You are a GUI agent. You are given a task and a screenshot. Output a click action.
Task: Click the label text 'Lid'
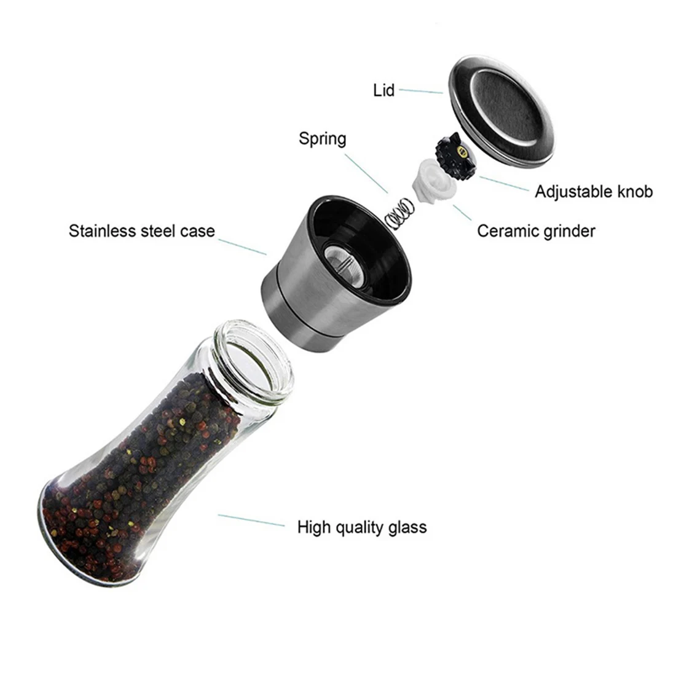383,90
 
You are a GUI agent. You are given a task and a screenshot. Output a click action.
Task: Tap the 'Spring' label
322,138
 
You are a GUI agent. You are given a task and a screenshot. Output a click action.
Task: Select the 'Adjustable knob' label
593,192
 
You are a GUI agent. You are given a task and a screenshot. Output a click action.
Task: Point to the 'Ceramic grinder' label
536,231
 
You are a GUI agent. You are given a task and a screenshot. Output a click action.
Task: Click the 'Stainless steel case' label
141,231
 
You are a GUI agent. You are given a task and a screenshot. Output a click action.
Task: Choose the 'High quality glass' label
361,527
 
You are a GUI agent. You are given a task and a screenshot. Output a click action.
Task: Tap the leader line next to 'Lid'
420,91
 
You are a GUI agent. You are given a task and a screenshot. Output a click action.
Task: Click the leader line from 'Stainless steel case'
242,246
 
